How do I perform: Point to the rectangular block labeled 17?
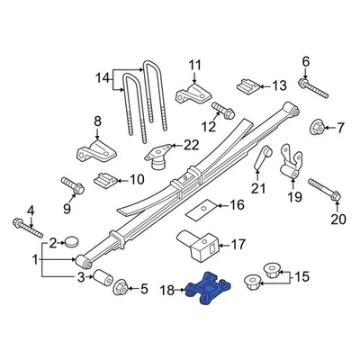[x=202, y=243]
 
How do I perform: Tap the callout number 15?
[x=300, y=276]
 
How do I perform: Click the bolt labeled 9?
[x=73, y=186]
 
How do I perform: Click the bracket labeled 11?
[x=192, y=94]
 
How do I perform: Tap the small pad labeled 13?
[x=244, y=85]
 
